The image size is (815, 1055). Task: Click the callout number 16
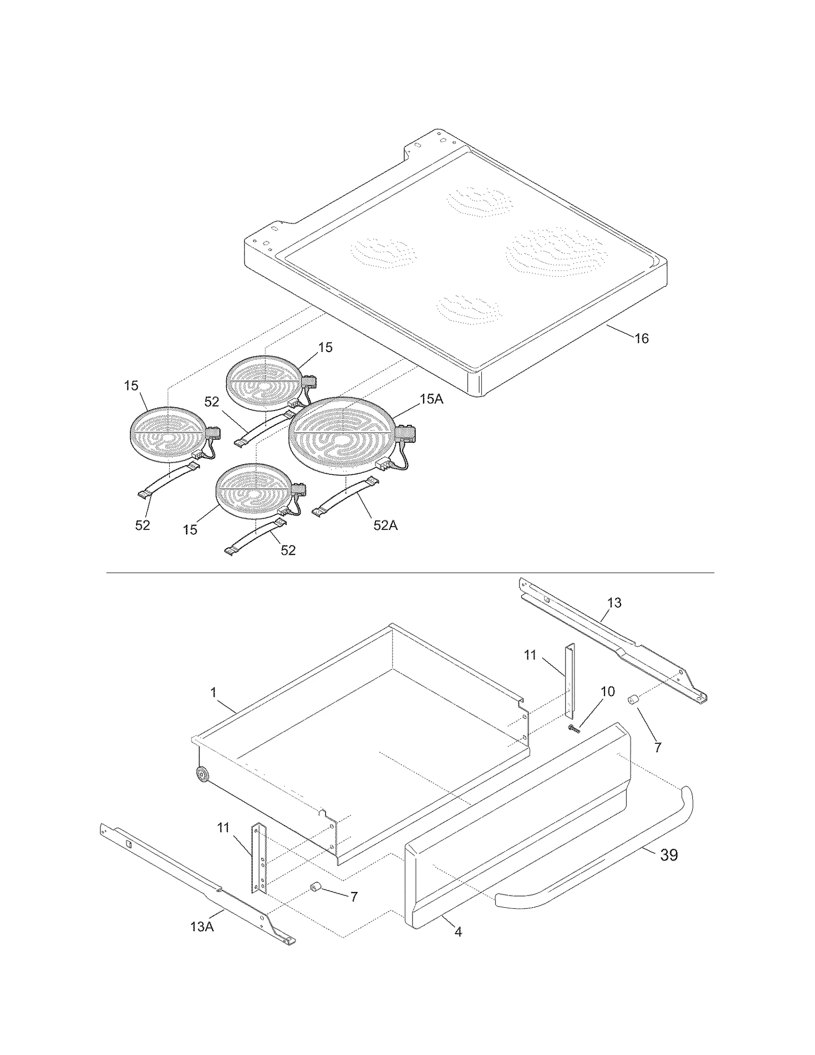[641, 339]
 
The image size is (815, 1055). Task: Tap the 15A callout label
[431, 399]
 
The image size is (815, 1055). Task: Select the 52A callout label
[385, 525]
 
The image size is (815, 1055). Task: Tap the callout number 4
[458, 932]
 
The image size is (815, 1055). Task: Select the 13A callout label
[202, 927]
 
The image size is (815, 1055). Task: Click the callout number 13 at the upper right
[614, 603]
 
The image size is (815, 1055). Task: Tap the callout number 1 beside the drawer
[213, 692]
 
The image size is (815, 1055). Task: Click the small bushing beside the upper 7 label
[633, 701]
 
